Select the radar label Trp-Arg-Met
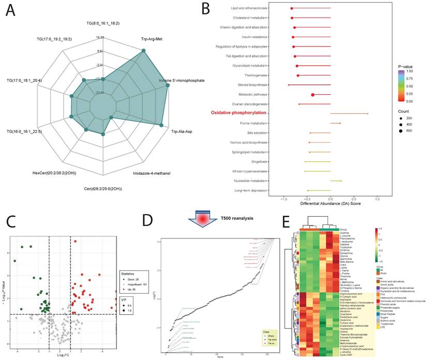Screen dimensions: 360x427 153,38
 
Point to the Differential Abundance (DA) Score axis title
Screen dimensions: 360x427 331,205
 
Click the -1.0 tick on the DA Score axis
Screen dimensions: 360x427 284,199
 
